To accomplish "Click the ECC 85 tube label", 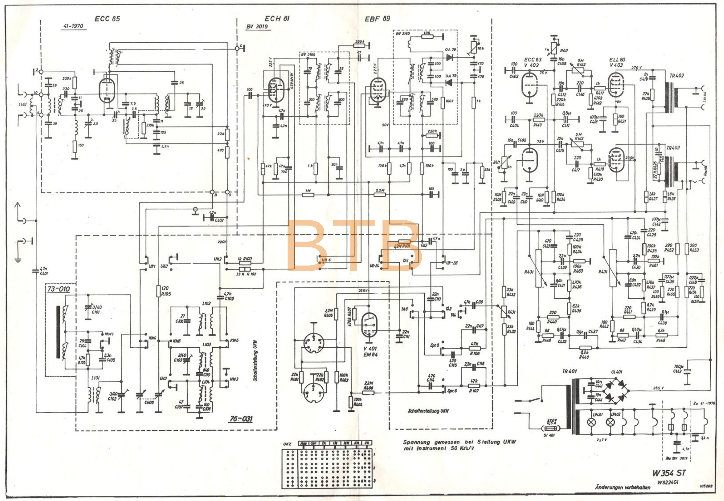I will [x=107, y=19].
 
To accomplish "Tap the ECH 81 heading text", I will [x=277, y=19].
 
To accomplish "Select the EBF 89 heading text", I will [x=377, y=19].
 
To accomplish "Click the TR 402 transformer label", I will [x=677, y=76].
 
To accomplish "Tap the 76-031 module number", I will [x=241, y=419].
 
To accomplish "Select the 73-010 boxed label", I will [x=59, y=289].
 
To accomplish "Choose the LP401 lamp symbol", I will [x=591, y=422].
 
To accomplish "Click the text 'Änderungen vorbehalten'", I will [x=622, y=487].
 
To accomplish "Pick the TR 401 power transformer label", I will [x=569, y=371].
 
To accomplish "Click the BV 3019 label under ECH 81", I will [x=257, y=27].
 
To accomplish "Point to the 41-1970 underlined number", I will [x=73, y=26].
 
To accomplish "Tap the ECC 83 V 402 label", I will [x=532, y=62].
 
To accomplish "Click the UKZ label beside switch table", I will [x=287, y=444].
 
